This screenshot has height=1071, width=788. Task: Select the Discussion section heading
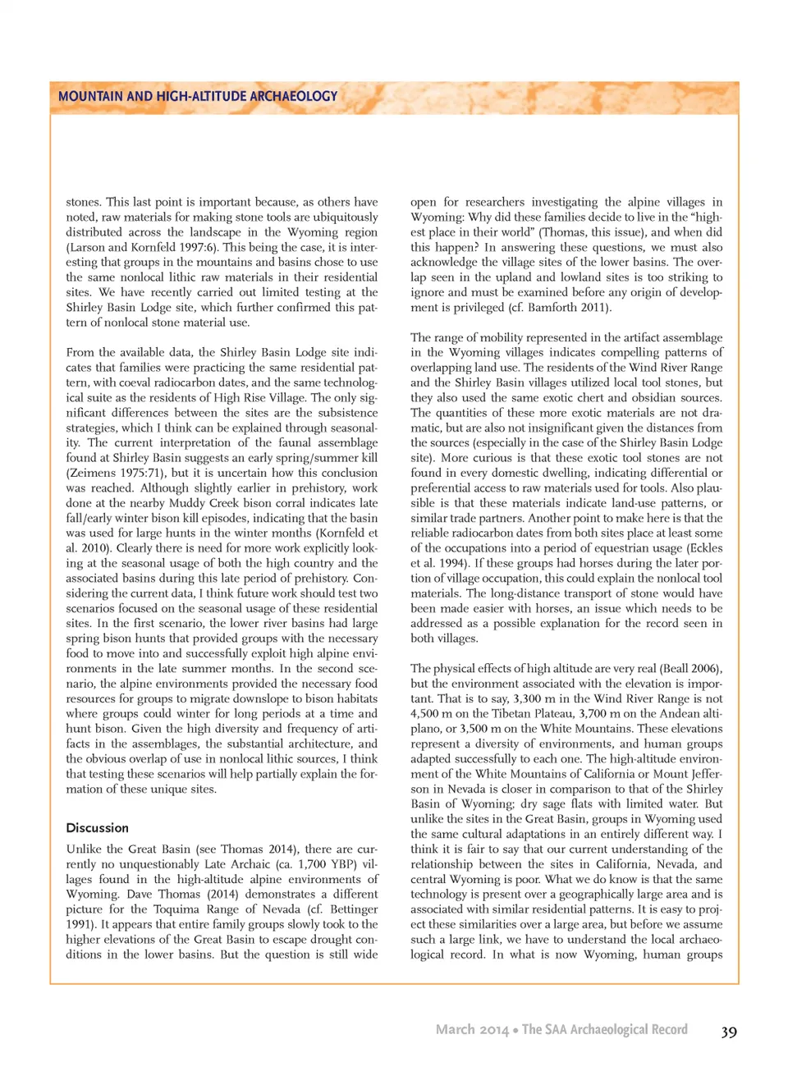(x=97, y=828)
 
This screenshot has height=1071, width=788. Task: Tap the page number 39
(x=729, y=1032)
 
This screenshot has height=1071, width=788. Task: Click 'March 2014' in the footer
(x=471, y=1029)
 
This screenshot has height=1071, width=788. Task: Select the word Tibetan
(x=520, y=714)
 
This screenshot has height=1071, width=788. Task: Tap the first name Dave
(x=140, y=895)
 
